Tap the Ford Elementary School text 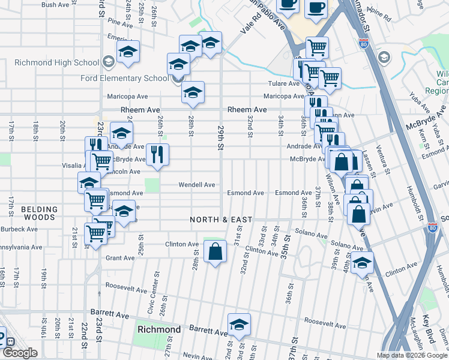click(x=124, y=79)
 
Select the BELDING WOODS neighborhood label click(x=39, y=214)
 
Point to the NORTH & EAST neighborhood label click(x=221, y=220)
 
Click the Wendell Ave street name click(x=196, y=185)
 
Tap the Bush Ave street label click(x=55, y=5)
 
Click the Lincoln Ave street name click(x=123, y=172)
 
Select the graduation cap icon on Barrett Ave click(x=239, y=325)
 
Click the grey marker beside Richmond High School click(x=109, y=61)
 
